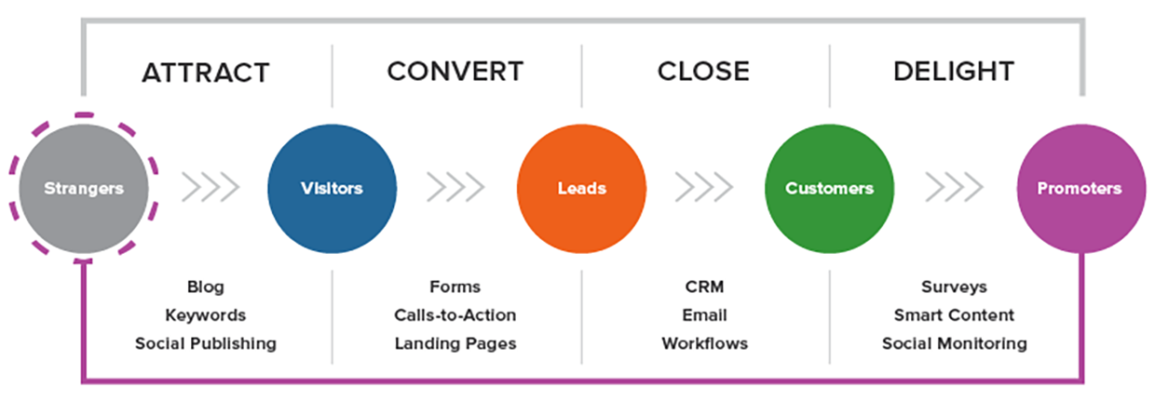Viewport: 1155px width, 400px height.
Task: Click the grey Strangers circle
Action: point(83,188)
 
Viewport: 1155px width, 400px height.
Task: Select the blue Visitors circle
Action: point(332,188)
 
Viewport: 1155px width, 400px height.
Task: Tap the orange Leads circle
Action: point(581,188)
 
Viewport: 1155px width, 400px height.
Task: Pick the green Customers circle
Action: point(829,188)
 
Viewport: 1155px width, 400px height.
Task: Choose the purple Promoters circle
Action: point(1080,188)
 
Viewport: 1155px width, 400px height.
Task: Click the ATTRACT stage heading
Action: point(205,72)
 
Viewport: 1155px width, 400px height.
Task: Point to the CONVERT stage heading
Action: point(455,71)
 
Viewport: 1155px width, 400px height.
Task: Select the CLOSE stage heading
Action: point(703,71)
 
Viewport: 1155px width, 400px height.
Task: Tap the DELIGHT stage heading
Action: point(954,71)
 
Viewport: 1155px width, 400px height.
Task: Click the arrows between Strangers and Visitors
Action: point(210,188)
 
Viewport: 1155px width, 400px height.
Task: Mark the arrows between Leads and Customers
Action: point(704,188)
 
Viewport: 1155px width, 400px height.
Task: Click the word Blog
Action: point(206,287)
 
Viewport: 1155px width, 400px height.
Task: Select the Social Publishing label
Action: point(206,343)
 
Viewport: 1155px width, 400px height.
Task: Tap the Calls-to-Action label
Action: point(455,315)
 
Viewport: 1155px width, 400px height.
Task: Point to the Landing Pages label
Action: point(455,343)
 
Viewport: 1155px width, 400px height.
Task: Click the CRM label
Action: point(704,287)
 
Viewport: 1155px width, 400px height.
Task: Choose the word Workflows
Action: point(704,343)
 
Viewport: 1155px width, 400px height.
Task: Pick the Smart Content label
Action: point(954,315)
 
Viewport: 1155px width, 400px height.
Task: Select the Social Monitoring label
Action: point(954,343)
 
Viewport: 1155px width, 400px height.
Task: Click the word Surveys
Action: point(954,287)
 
